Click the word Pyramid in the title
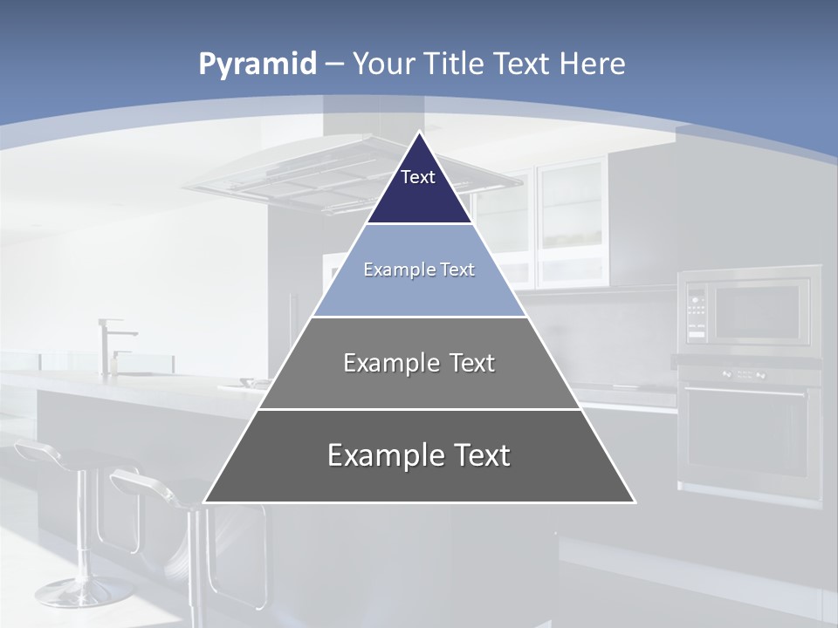click(257, 65)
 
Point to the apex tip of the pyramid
click(420, 133)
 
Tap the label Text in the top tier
click(418, 177)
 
